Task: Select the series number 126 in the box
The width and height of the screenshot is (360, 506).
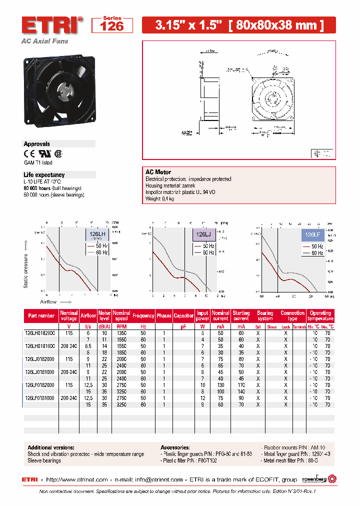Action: tap(112, 26)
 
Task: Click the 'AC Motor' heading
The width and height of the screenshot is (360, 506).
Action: tap(158, 172)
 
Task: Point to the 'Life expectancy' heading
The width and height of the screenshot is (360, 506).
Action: tap(44, 175)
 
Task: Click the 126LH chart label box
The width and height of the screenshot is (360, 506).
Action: tap(97, 234)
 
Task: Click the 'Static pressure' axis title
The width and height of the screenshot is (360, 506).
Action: tap(26, 270)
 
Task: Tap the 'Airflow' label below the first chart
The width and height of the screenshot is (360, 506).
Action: tap(48, 302)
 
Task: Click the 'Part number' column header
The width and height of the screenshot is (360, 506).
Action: tap(41, 315)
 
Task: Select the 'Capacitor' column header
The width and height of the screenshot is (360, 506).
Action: tap(183, 315)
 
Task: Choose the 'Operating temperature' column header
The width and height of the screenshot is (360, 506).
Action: tap(320, 315)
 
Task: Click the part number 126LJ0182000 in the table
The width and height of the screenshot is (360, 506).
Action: tap(41, 358)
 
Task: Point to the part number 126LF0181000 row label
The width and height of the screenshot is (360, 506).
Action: tap(41, 397)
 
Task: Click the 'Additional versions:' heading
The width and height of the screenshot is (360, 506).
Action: tap(51, 447)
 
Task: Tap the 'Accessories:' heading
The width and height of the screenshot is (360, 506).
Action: tap(175, 447)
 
